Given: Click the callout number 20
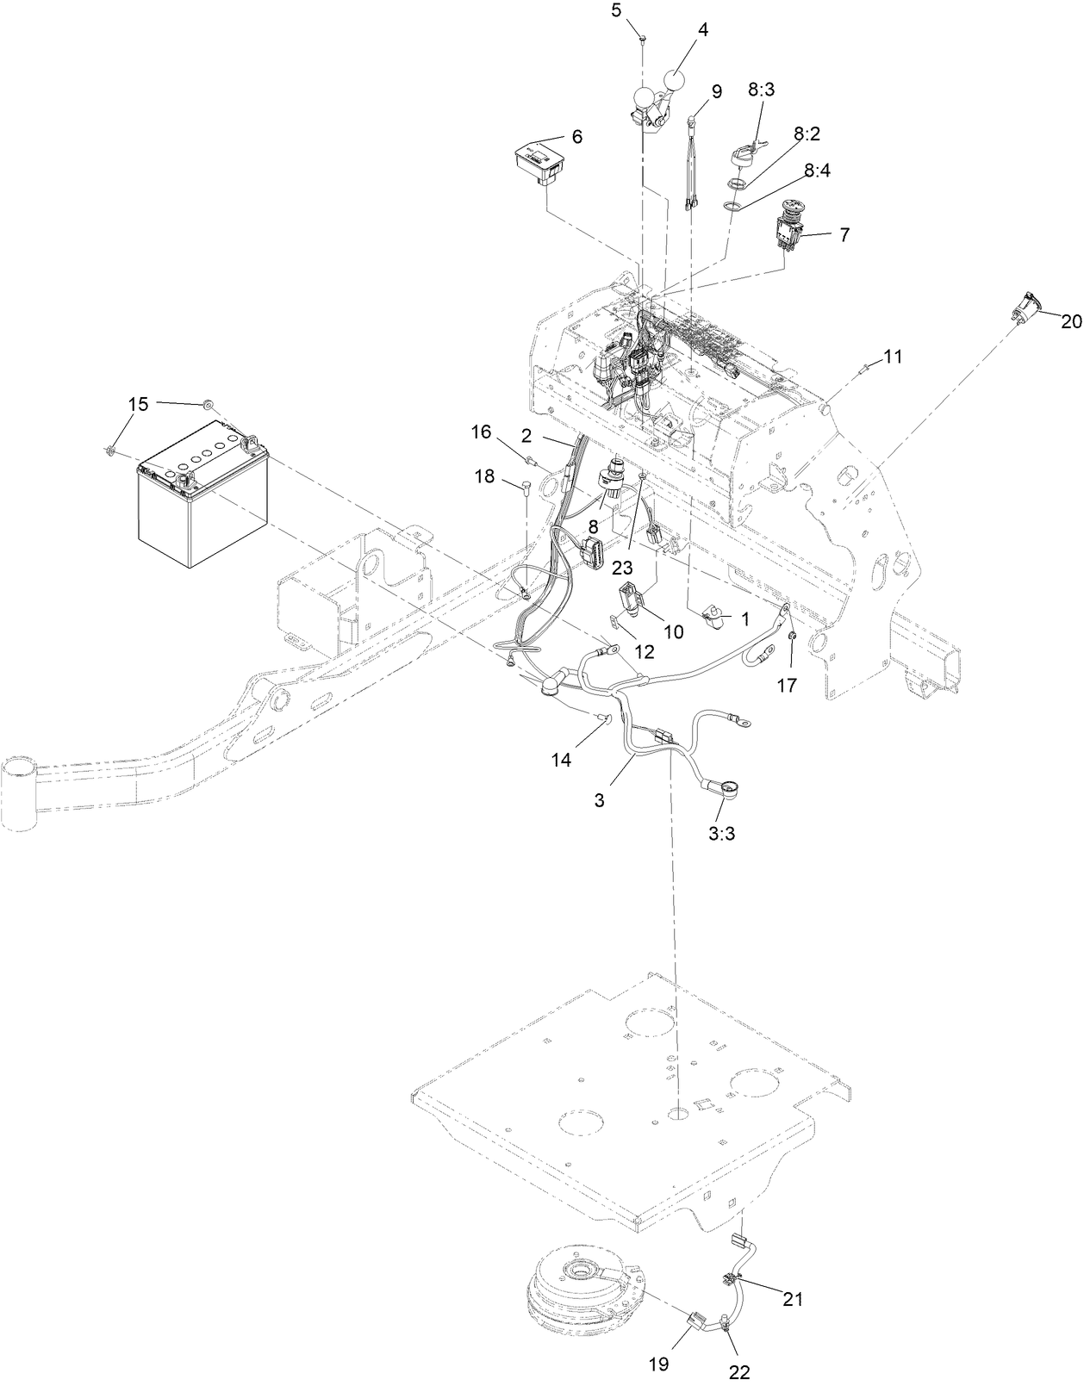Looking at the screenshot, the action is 1072,322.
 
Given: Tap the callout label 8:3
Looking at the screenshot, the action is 761,90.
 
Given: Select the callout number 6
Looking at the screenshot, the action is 576,136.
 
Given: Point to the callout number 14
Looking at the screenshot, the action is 562,760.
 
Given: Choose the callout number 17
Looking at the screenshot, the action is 787,685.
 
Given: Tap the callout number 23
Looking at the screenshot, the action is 623,567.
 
